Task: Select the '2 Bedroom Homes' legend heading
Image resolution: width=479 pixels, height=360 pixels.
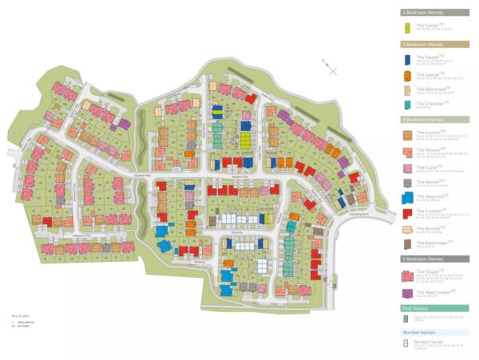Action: (434, 13)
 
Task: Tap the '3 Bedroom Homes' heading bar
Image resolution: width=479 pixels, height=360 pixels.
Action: (434, 45)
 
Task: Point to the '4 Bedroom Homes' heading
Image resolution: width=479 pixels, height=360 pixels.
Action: (434, 120)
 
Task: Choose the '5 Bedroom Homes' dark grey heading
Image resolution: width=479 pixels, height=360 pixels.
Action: (434, 259)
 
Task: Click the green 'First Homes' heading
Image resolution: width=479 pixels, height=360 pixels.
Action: (434, 307)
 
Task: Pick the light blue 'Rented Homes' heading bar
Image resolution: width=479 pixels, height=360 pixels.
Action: (434, 332)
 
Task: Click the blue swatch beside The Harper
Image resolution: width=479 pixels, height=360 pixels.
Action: (407, 59)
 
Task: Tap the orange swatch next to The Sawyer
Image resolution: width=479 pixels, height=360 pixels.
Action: (407, 76)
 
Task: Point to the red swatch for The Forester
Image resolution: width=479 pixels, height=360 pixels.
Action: (407, 214)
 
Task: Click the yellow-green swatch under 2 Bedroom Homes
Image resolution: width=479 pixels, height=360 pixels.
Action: (407, 28)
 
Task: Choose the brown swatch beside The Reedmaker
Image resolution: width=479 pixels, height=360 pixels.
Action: (407, 243)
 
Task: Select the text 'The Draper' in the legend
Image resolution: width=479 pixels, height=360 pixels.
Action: (428, 271)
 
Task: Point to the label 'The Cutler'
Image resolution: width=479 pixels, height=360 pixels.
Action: (427, 168)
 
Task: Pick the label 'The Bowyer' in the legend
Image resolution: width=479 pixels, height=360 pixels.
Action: (428, 227)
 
